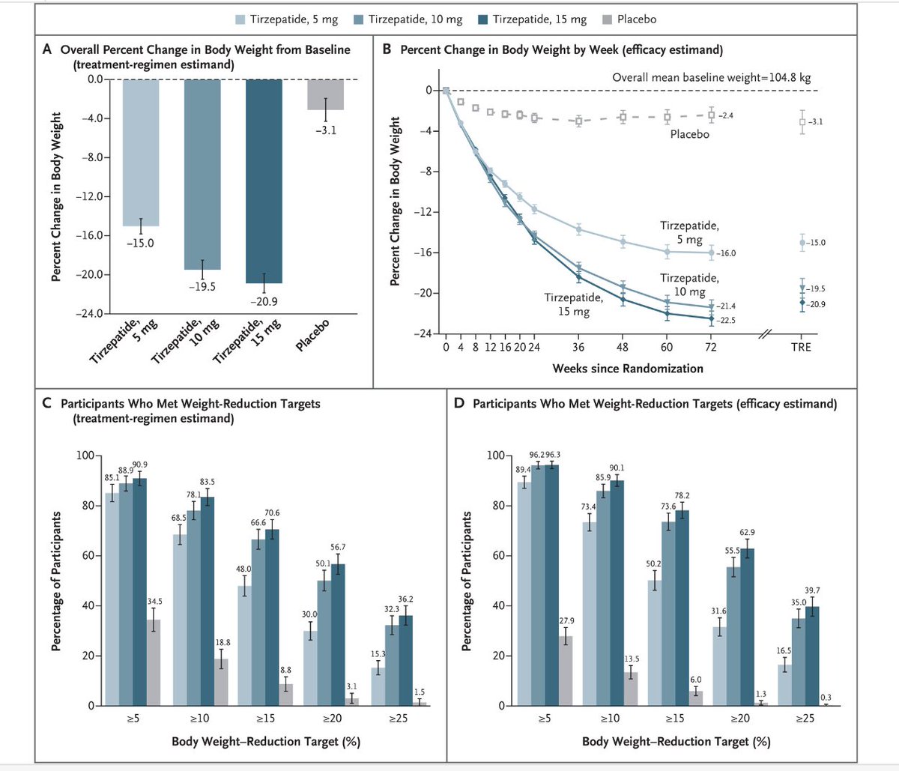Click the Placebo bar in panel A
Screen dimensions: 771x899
(x=325, y=94)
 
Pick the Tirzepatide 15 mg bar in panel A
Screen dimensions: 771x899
(x=264, y=181)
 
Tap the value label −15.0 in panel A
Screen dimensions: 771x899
(x=140, y=243)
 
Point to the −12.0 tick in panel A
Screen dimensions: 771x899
(x=91, y=196)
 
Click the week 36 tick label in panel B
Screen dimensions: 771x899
(x=578, y=348)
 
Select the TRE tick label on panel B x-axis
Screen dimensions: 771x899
(x=801, y=348)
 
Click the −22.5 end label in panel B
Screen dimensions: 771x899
(x=727, y=321)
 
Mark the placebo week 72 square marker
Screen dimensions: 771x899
(x=711, y=115)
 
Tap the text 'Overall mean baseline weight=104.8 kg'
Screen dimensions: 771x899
(x=711, y=77)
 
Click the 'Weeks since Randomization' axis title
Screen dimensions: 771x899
(x=628, y=369)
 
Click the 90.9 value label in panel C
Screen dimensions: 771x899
(x=140, y=465)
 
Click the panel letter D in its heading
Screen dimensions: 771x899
(x=459, y=404)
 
